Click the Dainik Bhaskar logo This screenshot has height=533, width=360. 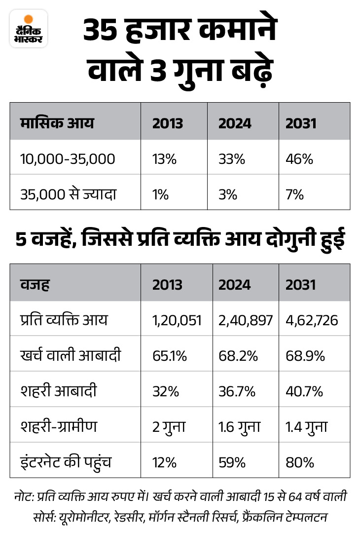click(x=29, y=29)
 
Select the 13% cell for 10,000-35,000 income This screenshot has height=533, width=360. click(x=163, y=159)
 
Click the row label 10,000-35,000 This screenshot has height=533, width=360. click(x=68, y=159)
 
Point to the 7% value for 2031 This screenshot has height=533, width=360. click(x=294, y=194)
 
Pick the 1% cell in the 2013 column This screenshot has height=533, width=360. click(x=161, y=194)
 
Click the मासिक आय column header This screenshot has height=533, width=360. click(x=57, y=122)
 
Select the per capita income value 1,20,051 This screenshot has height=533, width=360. click(x=177, y=321)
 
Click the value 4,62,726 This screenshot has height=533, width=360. click(x=312, y=321)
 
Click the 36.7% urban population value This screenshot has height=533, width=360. click(x=237, y=392)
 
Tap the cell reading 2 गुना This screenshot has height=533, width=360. click(x=169, y=426)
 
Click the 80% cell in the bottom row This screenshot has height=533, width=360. click(x=299, y=462)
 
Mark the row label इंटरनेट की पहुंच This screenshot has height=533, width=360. click(x=67, y=462)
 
